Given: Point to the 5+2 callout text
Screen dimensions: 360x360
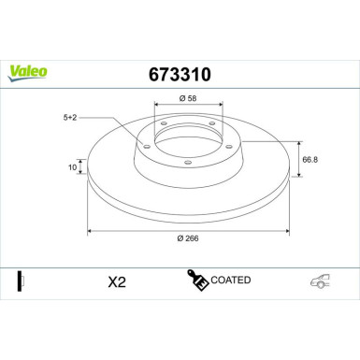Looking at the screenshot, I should [x=71, y=118].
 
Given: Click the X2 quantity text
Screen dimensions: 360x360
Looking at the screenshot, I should [x=116, y=281].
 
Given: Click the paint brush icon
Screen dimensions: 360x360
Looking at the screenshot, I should [x=198, y=280].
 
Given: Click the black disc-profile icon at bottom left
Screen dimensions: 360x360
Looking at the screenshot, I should [x=20, y=281].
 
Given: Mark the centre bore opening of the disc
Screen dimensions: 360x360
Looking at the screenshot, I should [x=188, y=141].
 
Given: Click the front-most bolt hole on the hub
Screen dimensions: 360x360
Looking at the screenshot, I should [x=188, y=166].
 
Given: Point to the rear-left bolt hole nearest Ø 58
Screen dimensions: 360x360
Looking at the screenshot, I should [x=165, y=124].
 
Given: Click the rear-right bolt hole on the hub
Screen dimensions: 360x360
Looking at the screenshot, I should [x=213, y=124].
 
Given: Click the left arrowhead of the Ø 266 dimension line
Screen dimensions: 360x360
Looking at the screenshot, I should [x=90, y=230].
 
